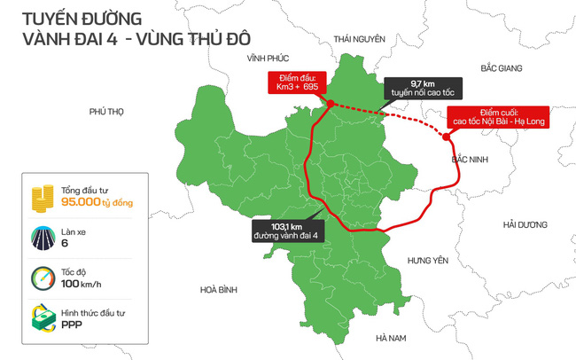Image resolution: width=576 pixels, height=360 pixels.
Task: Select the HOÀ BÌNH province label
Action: click(220, 289)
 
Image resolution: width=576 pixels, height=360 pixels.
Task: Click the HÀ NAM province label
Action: click(390, 338)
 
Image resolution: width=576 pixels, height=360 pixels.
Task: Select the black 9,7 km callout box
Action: click(414, 86)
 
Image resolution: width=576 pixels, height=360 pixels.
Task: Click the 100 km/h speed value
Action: click(81, 284)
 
